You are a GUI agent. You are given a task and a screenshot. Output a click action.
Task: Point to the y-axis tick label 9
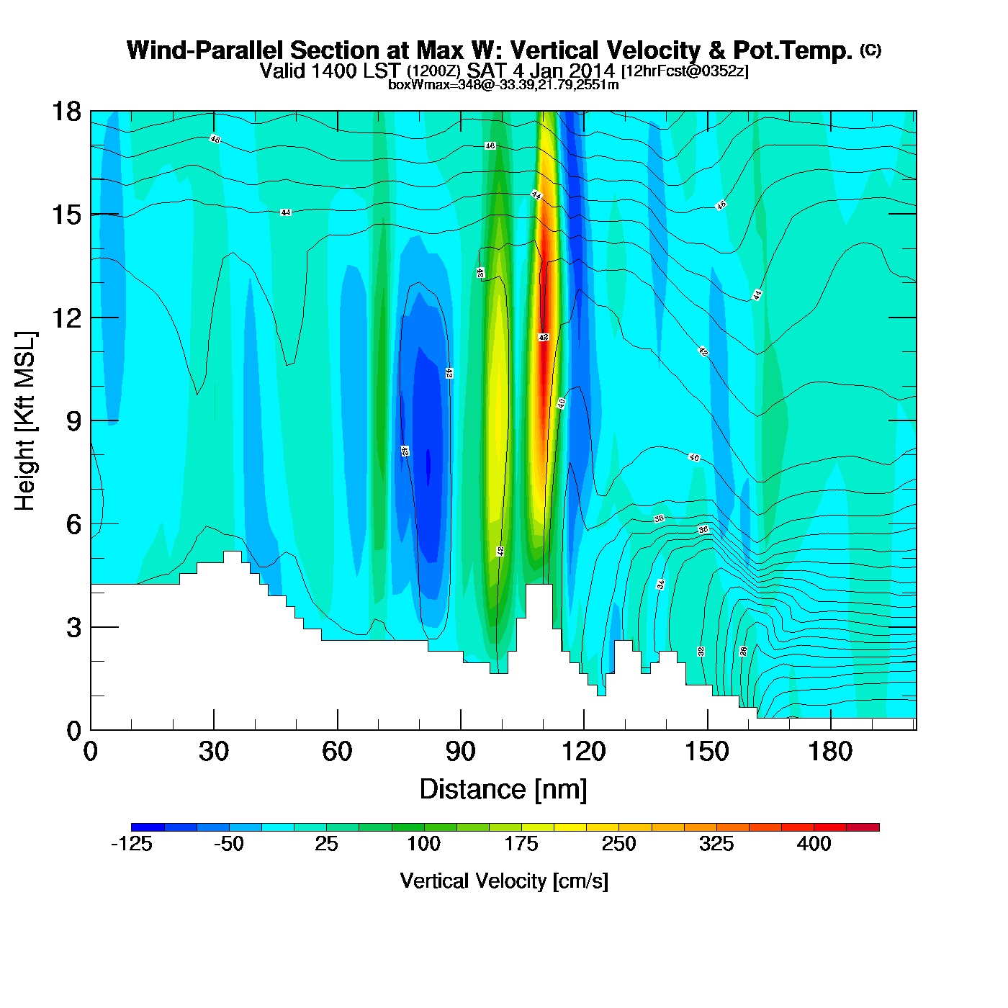tap(73, 421)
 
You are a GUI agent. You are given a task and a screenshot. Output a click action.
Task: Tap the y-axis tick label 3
tap(73, 628)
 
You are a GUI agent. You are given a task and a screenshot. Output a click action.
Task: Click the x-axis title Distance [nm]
tap(503, 790)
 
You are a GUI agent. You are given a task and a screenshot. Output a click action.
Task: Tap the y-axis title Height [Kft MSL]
tap(25, 421)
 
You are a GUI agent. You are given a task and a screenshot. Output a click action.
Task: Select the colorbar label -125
tap(131, 844)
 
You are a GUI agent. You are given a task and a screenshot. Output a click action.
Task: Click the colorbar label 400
tap(814, 844)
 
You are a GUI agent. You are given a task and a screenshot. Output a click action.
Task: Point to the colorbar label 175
tap(521, 844)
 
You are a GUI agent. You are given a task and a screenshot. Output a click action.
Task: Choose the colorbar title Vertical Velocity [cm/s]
tap(504, 881)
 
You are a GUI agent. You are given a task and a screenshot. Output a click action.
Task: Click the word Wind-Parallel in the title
tap(206, 51)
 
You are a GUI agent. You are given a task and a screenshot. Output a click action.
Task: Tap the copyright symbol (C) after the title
tap(870, 50)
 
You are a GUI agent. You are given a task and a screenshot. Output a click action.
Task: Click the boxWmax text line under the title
tap(503, 85)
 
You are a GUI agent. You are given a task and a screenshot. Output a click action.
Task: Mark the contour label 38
tap(659, 518)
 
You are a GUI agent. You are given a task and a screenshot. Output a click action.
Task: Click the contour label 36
tap(703, 530)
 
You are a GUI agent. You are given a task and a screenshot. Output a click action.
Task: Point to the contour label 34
tap(660, 585)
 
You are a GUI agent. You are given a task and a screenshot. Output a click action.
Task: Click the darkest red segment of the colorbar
tap(863, 827)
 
